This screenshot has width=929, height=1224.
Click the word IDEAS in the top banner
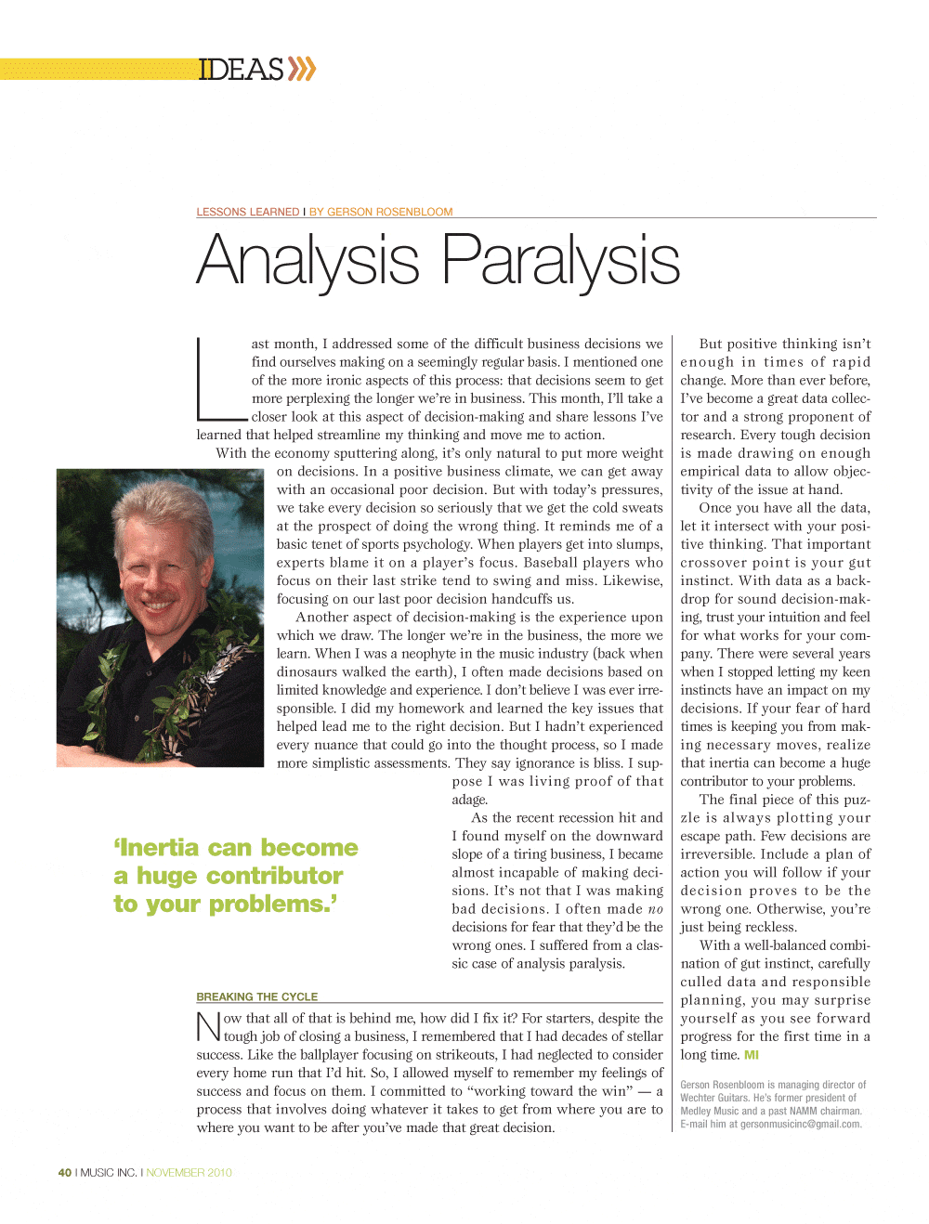tap(241, 70)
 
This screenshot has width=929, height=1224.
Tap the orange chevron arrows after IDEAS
tap(302, 70)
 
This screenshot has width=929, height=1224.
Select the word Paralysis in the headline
tap(560, 261)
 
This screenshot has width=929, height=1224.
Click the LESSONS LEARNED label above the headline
tap(247, 212)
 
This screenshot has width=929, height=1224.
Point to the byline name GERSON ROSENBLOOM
tap(390, 212)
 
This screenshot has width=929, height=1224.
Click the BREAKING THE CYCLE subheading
tap(256, 996)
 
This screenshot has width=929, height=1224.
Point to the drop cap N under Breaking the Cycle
tap(208, 1027)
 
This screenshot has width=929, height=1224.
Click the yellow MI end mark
tap(752, 1055)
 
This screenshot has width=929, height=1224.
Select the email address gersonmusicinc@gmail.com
tap(800, 1124)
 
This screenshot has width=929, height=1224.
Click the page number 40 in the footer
tap(64, 1173)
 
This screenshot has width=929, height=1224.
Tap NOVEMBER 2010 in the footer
tap(189, 1173)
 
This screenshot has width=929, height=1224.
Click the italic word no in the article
tap(656, 909)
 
